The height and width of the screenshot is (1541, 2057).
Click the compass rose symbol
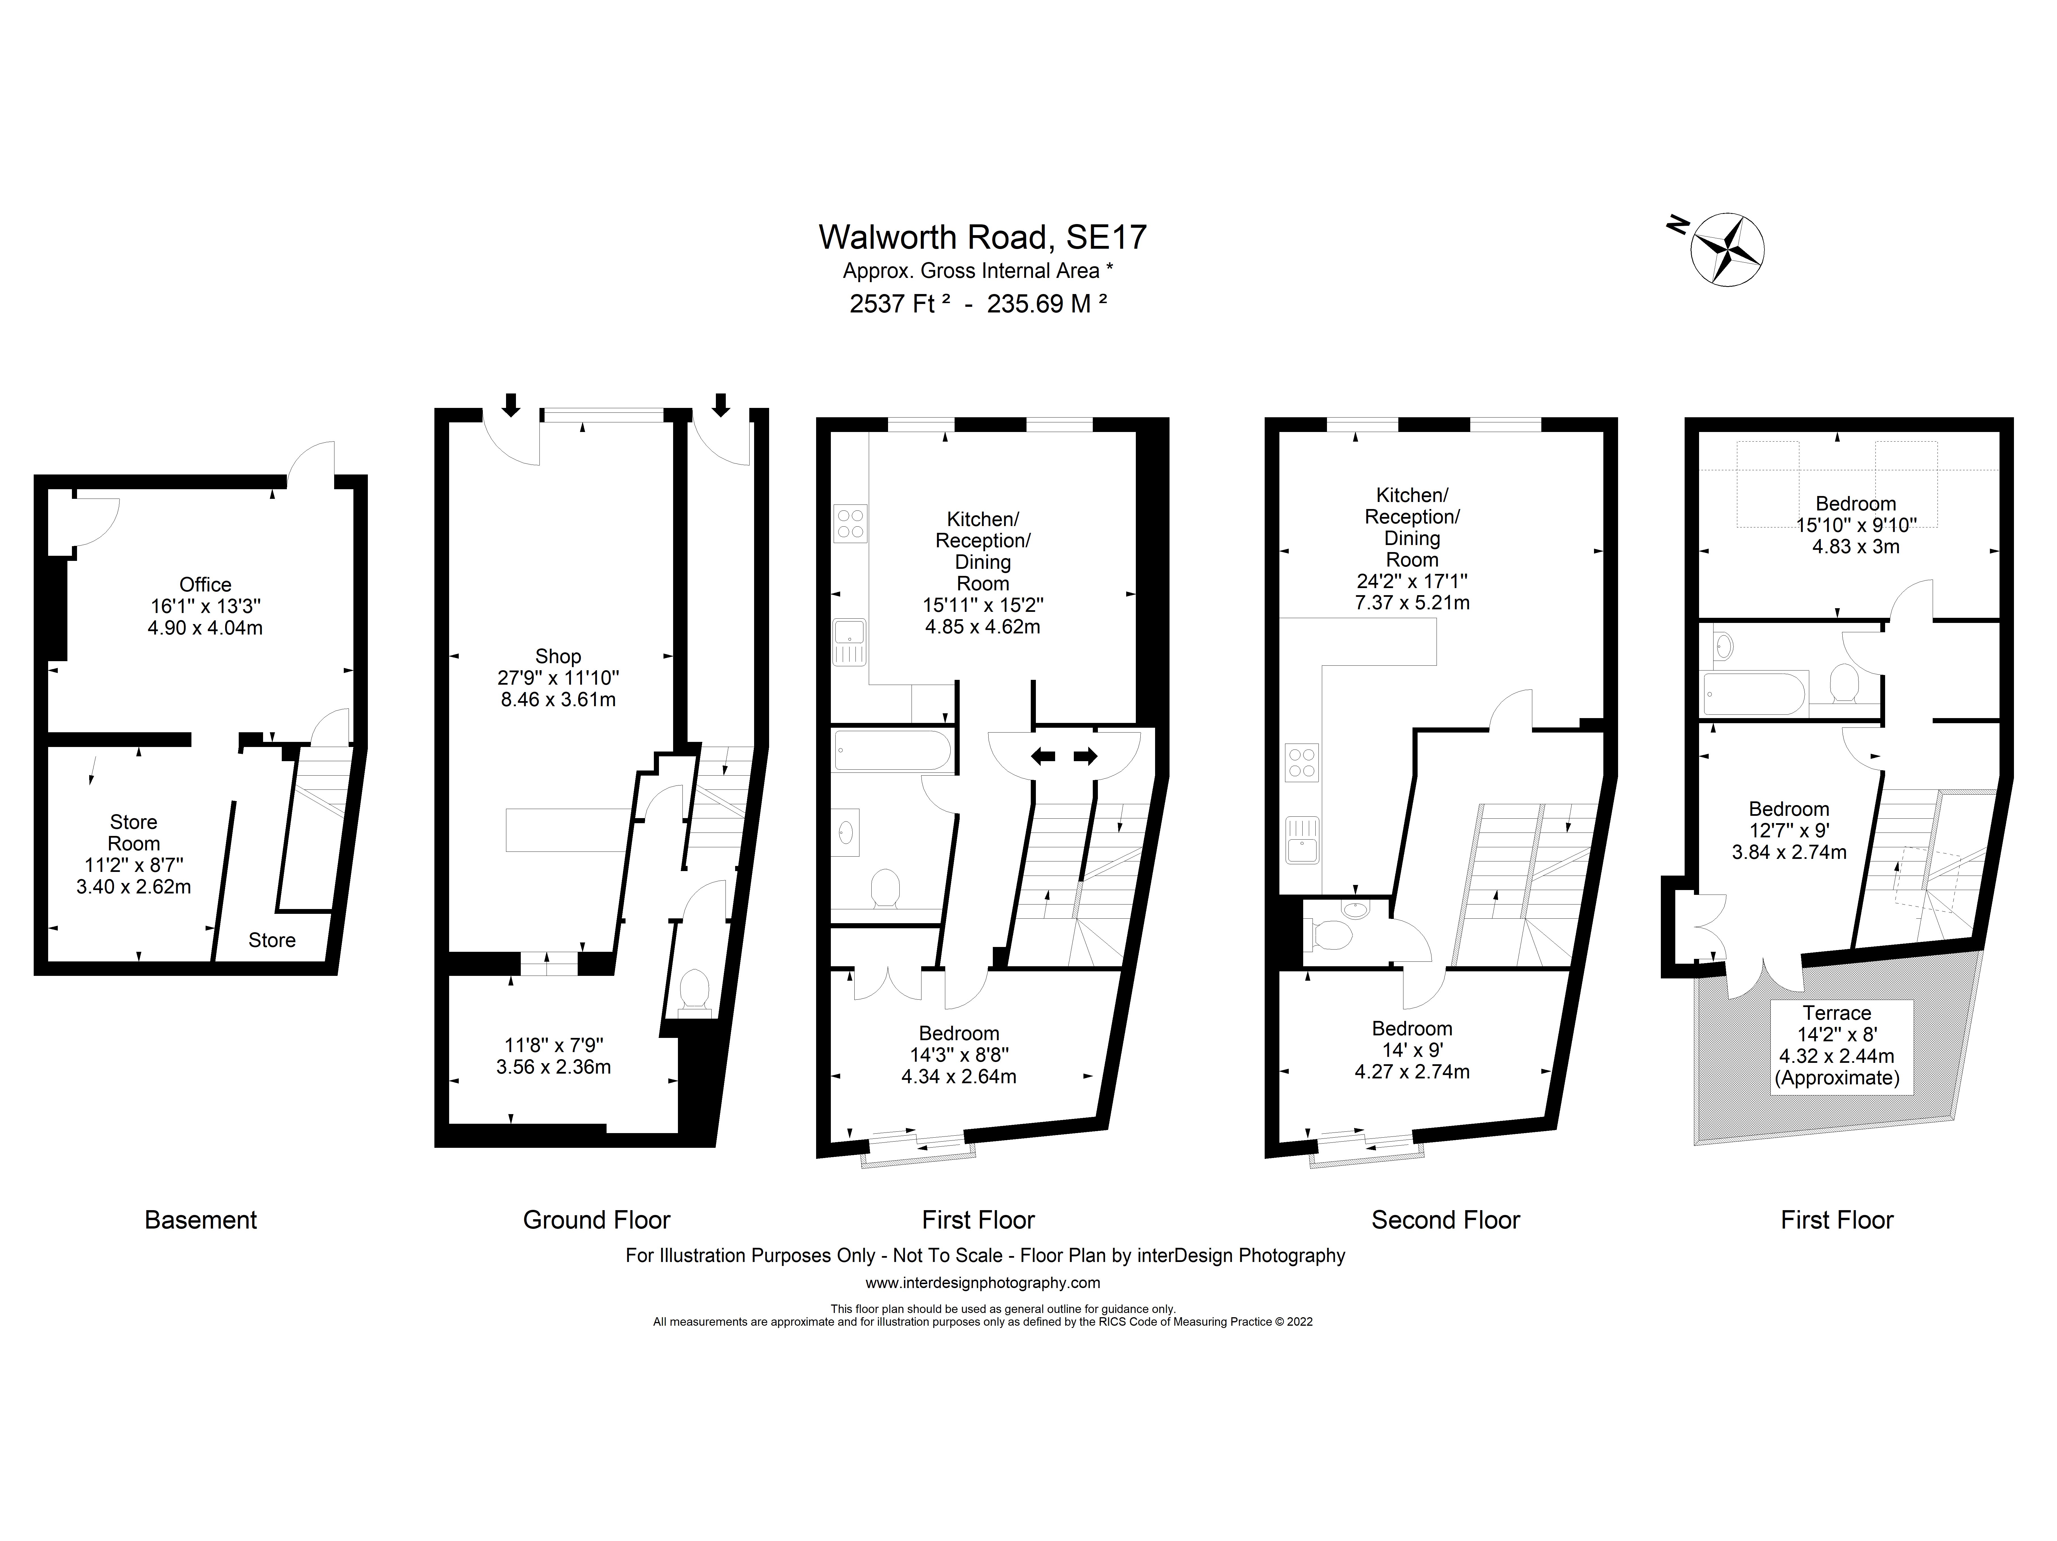click(1727, 249)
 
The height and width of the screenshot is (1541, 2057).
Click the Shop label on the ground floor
click(558, 657)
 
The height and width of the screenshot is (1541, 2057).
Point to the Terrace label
click(1837, 1013)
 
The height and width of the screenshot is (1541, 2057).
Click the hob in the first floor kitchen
click(850, 523)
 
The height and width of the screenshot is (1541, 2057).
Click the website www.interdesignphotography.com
click(983, 1282)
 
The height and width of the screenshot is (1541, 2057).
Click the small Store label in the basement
click(272, 940)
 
